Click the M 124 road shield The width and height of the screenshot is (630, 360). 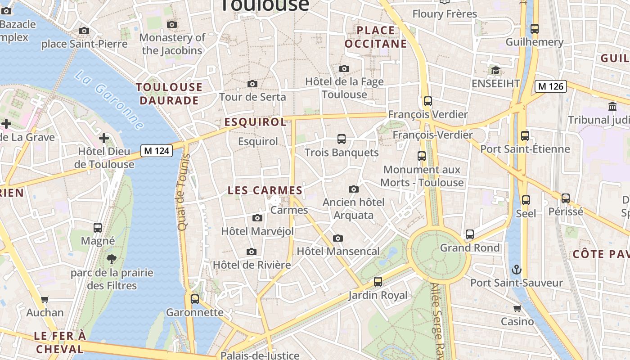157,151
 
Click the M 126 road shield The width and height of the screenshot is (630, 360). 550,86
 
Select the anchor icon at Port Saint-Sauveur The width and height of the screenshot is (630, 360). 517,270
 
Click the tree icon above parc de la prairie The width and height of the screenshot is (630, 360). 111,259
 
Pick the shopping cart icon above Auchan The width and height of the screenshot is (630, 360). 45,299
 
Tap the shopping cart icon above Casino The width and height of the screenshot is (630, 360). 517,308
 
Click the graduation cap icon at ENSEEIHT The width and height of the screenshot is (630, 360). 495,71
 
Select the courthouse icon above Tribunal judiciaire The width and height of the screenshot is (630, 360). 612,107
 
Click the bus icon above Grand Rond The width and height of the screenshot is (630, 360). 470,234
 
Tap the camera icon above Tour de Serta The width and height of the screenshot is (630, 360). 252,84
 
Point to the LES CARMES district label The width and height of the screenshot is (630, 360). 265,190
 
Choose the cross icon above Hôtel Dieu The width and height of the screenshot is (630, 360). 104,138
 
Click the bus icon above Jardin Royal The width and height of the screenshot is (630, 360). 378,282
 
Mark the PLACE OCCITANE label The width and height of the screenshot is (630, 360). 375,37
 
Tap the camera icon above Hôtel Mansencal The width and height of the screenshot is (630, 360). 338,238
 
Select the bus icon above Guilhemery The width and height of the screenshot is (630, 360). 534,29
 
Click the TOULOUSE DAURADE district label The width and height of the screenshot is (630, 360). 169,94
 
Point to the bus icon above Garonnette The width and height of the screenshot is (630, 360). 195,299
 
